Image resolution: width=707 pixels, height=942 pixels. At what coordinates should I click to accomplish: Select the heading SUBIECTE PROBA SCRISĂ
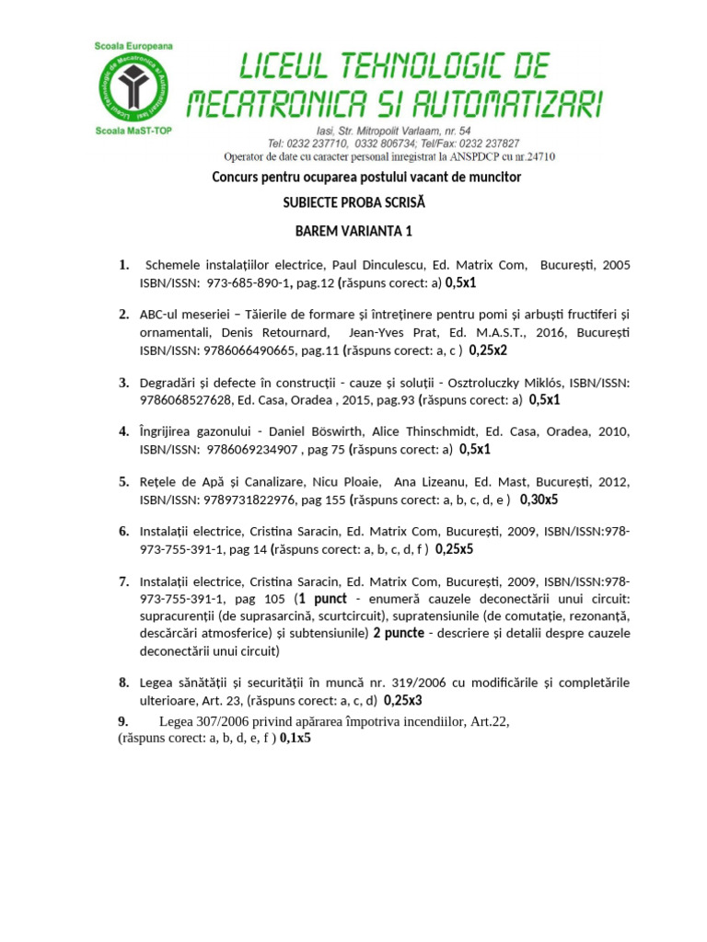tap(354, 202)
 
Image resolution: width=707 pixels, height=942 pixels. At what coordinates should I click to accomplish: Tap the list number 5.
tap(123, 481)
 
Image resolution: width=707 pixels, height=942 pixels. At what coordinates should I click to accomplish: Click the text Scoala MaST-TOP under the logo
tap(133, 132)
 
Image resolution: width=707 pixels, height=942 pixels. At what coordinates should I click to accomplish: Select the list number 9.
tap(123, 720)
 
